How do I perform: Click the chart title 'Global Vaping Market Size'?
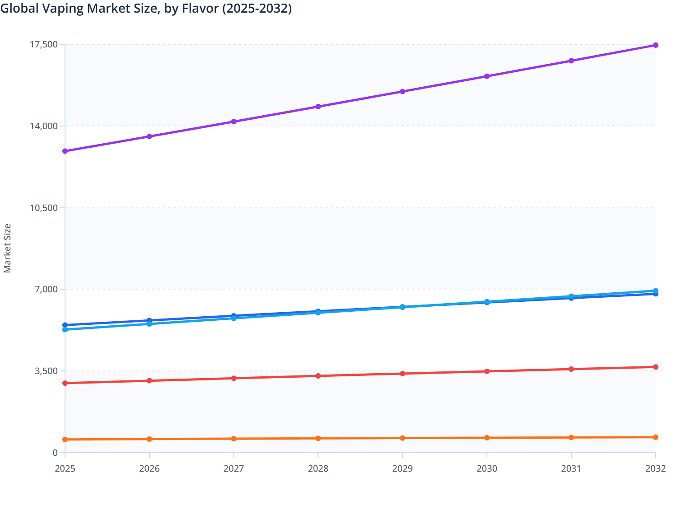point(146,9)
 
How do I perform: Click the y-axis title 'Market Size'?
point(7,248)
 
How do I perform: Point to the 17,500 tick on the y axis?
point(44,44)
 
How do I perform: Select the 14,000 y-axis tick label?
point(44,126)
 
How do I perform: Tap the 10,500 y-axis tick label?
point(44,208)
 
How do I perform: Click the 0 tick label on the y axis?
point(55,453)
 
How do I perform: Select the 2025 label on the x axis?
point(65,469)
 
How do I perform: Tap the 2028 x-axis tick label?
point(318,469)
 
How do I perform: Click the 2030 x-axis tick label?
point(487,469)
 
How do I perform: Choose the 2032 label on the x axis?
point(655,469)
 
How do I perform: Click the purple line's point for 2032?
point(655,45)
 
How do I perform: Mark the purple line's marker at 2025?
point(65,151)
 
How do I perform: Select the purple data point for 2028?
point(318,107)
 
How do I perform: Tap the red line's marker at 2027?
point(234,378)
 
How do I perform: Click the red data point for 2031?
point(571,369)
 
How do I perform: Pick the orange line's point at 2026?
point(149,439)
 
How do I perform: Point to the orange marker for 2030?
point(487,438)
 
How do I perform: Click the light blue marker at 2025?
point(65,330)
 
